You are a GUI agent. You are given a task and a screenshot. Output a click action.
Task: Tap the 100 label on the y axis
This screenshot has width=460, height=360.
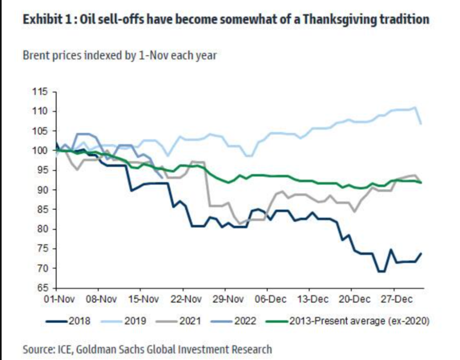point(41,150)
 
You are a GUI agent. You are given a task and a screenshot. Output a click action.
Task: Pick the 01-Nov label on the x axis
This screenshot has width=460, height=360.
point(57,299)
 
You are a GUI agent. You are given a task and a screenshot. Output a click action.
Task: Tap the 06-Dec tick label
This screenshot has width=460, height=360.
point(267,299)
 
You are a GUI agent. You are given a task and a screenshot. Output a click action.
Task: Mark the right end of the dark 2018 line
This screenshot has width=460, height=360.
point(421,253)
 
